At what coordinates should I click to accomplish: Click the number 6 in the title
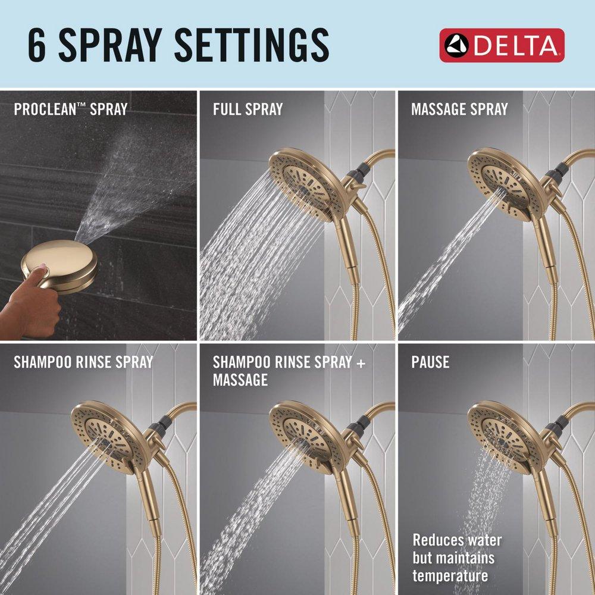[x=37, y=45]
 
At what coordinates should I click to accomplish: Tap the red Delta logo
[x=502, y=45]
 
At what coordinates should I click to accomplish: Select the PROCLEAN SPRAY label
[x=70, y=109]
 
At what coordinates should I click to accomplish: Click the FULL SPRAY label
[x=248, y=109]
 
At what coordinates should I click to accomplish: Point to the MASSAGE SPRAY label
[x=459, y=109]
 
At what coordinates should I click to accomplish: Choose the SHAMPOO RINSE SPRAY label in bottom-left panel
[x=83, y=362]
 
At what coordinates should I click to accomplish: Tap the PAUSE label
[x=430, y=362]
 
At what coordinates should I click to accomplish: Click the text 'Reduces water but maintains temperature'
[x=457, y=558]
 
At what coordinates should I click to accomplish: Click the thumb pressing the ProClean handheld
[x=39, y=274]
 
